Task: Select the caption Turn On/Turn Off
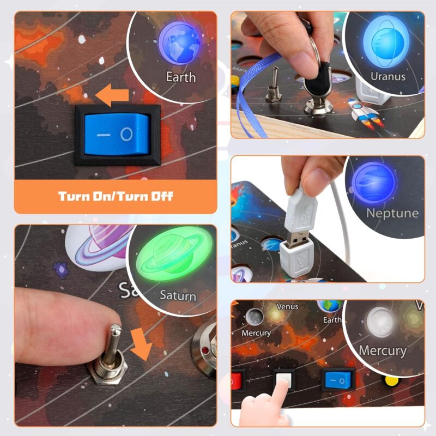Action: tap(116, 196)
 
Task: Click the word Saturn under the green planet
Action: tap(178, 295)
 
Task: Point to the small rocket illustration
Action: tap(364, 111)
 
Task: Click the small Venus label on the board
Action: tap(287, 307)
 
